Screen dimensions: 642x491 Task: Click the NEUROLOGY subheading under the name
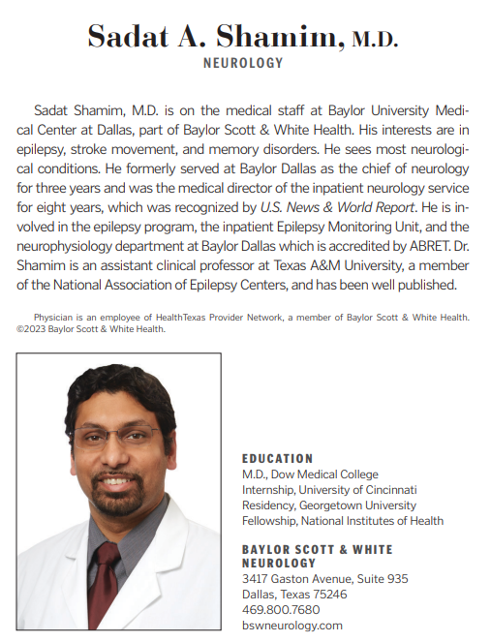[x=243, y=63]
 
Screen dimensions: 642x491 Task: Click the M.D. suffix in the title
[x=374, y=39]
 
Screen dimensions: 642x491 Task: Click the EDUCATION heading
[x=278, y=459]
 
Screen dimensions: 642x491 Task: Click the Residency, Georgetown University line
[x=329, y=505]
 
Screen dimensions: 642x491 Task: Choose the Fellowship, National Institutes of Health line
[x=343, y=521]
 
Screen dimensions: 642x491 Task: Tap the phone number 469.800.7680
[x=281, y=610]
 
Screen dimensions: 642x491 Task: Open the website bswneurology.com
[x=292, y=626]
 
